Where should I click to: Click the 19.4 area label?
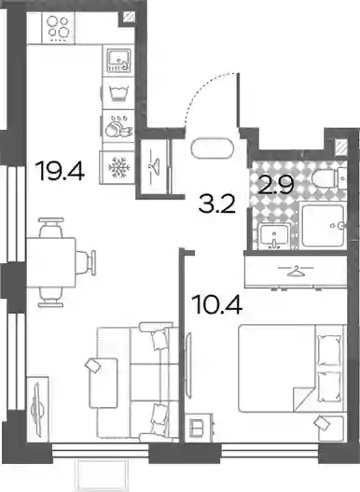coord(61,171)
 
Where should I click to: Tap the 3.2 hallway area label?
coord(217,204)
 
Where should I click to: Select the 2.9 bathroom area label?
coord(276,185)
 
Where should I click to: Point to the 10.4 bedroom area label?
coord(218,304)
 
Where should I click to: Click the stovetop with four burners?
coord(58,28)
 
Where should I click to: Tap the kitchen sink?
coord(118,61)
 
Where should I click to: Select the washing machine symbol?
coord(118,93)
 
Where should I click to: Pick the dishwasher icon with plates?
coord(118,126)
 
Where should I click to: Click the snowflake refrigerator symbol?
coord(118,167)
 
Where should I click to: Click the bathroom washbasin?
coord(274,236)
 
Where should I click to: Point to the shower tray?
coord(323,226)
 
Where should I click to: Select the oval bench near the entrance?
coord(213,148)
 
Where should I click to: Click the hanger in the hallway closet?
coord(154,164)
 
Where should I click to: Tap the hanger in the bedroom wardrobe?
coord(297,272)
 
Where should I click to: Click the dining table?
coord(51,262)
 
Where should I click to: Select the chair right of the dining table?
coord(85,262)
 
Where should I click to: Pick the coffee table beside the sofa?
coord(104,383)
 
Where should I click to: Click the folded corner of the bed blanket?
coord(304,400)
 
